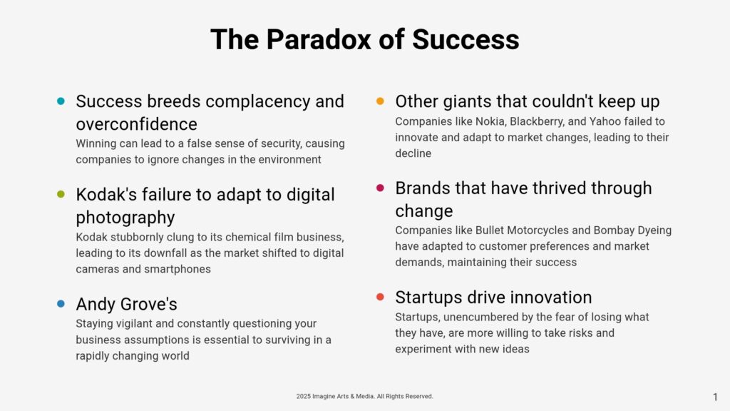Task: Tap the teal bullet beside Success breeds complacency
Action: point(61,101)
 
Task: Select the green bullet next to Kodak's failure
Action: point(61,194)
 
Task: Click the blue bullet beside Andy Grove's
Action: point(61,304)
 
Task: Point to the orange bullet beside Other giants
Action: point(381,101)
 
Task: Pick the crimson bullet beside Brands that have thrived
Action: point(381,188)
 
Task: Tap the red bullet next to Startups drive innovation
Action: point(381,297)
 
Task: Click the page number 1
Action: point(715,397)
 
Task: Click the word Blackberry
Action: point(535,121)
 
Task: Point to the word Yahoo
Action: point(605,121)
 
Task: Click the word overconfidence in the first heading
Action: point(136,124)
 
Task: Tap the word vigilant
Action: point(134,324)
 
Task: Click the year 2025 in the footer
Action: point(303,397)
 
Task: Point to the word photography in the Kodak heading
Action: point(125,218)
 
